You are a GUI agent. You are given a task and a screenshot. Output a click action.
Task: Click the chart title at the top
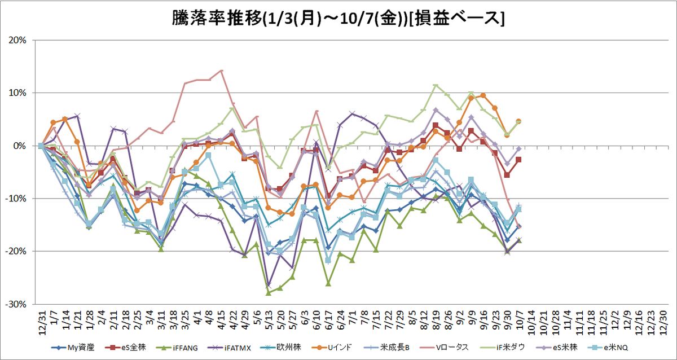point(338,19)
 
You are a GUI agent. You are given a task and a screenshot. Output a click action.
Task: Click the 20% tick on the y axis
point(17,40)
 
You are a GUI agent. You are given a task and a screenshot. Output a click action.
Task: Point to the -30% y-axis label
point(16,304)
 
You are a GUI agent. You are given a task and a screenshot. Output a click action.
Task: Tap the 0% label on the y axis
point(20,146)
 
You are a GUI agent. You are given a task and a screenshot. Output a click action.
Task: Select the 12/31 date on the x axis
point(42,322)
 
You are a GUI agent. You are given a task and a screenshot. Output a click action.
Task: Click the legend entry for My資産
point(73,348)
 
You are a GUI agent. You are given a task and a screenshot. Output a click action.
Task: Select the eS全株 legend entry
point(125,348)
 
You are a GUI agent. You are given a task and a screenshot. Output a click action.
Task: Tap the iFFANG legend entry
point(177,348)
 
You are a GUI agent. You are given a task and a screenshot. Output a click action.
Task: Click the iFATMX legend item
point(230,348)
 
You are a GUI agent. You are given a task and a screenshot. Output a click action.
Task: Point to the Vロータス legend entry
point(445,348)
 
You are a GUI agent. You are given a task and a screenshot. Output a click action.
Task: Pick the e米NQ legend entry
point(608,348)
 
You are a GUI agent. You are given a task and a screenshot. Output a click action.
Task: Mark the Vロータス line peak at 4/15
point(221,71)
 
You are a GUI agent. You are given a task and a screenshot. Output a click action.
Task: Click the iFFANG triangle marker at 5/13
point(269,293)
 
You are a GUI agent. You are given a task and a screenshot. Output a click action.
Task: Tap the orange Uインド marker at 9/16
point(483,95)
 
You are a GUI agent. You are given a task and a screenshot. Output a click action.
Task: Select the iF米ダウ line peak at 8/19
point(436,86)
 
